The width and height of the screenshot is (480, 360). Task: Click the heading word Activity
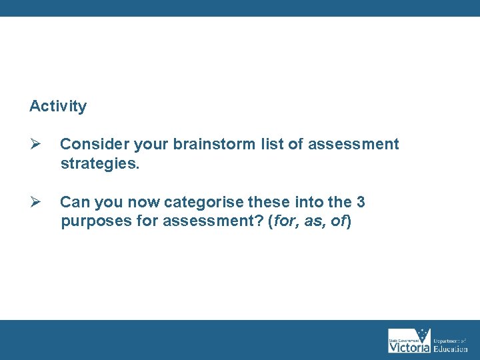click(x=58, y=106)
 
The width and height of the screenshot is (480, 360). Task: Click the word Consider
click(x=94, y=144)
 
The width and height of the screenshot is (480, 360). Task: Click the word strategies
click(x=100, y=163)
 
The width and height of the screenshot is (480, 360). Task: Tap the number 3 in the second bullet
click(x=361, y=202)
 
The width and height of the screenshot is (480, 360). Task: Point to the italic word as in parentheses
click(x=312, y=221)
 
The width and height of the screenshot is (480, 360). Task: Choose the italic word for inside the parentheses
click(x=285, y=221)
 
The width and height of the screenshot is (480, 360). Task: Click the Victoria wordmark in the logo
click(x=409, y=347)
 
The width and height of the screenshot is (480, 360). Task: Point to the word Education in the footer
click(x=451, y=349)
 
